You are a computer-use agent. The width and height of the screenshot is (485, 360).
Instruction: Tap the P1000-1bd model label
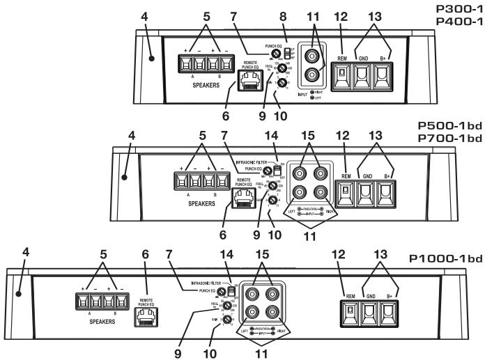[445, 258]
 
